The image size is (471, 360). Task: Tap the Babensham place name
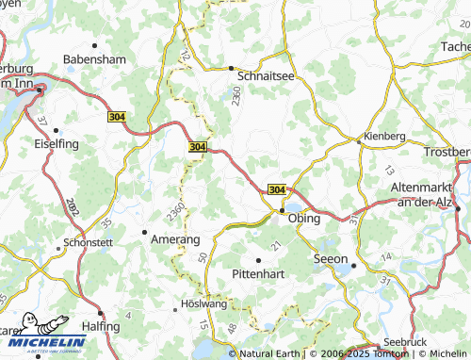[94, 58]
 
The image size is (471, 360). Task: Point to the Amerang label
[176, 240]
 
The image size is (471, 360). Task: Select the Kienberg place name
[384, 136]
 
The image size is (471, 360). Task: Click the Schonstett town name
[89, 242]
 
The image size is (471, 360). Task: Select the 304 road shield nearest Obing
[276, 189]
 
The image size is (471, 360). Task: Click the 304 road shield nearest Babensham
[117, 116]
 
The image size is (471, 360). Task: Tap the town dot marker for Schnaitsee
[232, 68]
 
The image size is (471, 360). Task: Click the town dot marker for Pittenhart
[258, 259]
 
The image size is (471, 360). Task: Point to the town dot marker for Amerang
[144, 231]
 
